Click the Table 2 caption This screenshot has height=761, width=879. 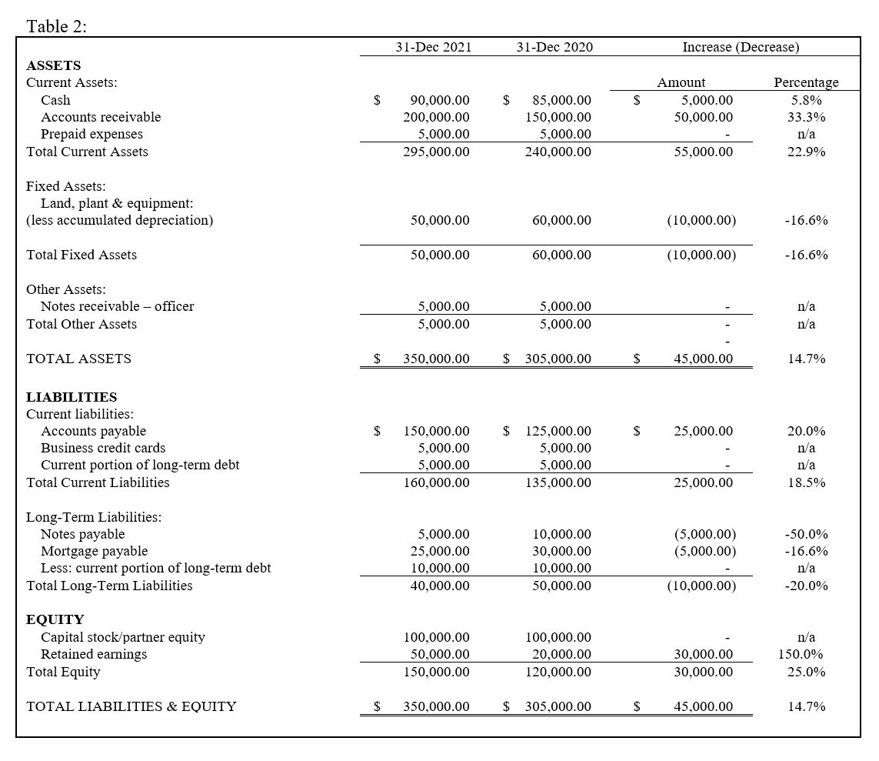pos(57,26)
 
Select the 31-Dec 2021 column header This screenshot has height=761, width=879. pos(433,48)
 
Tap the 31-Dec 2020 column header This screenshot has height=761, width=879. pos(554,48)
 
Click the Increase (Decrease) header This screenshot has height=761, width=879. pos(741,48)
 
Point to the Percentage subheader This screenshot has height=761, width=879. pos(806,82)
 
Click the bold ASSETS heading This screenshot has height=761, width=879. pos(53,65)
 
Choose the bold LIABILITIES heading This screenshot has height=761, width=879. pos(72,397)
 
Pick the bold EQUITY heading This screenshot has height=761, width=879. pos(55,619)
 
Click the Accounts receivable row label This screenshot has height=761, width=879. pos(101,117)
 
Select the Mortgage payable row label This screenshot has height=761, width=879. pos(94,551)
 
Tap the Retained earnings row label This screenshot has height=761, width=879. pos(94,654)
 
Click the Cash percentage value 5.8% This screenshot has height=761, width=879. pos(807,100)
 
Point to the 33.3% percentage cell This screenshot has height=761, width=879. pos(807,117)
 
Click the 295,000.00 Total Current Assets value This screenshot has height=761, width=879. pos(436,152)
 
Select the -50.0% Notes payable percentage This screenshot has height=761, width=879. pos(806,534)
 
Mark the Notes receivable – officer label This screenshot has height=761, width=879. pos(117,306)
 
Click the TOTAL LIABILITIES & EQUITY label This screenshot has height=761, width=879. pos(132,706)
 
